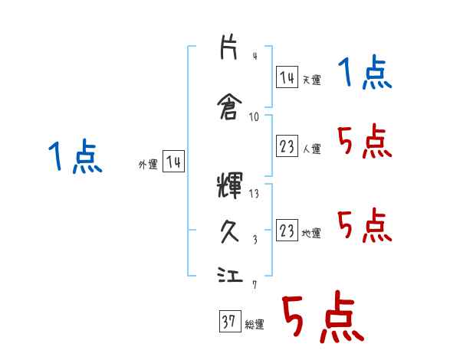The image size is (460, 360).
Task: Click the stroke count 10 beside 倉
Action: (254, 116)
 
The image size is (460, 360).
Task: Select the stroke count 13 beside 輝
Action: (254, 193)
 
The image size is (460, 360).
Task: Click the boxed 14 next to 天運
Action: (287, 77)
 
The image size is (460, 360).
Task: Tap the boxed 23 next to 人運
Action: (287, 147)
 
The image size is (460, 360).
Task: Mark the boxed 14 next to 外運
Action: (174, 162)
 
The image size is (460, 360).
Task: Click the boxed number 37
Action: (229, 322)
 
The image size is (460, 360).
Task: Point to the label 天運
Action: (311, 80)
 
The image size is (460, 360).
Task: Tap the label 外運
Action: (148, 164)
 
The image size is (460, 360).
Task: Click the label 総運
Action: (255, 325)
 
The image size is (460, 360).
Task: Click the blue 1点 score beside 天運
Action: (365, 74)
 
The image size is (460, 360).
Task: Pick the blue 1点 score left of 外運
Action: (74, 158)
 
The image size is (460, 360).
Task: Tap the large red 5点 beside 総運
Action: (322, 319)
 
